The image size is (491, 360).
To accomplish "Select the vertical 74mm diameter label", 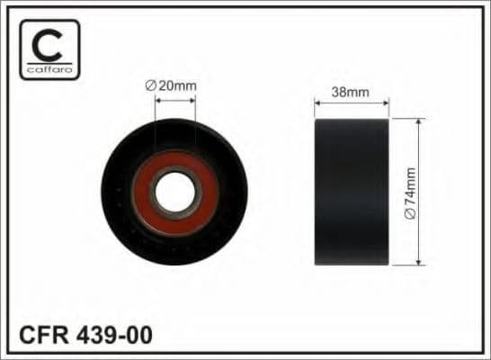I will click(x=410, y=192).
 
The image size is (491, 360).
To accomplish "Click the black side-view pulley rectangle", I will click(x=351, y=192).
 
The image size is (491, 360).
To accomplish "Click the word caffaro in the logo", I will click(x=49, y=69).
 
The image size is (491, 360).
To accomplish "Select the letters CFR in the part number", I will click(x=40, y=335).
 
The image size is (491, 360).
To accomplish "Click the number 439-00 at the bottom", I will click(x=112, y=335).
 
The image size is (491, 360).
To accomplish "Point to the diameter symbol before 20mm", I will click(x=150, y=85).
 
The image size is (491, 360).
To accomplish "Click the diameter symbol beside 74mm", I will click(x=410, y=216).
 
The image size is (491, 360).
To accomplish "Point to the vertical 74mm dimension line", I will click(x=420, y=153).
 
